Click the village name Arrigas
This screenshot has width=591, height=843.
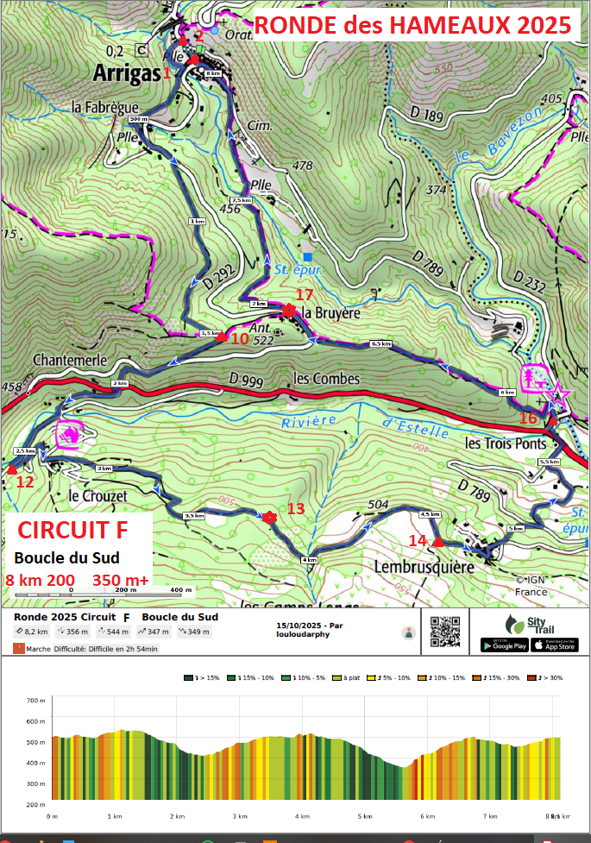click(128, 73)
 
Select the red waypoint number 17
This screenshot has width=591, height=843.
click(304, 294)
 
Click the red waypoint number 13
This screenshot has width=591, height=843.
click(296, 508)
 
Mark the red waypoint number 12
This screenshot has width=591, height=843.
click(25, 481)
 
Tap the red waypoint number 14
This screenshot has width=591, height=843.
click(418, 540)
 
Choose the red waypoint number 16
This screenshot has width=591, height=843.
click(528, 418)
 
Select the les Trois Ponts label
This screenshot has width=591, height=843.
click(506, 444)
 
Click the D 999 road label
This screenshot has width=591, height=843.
click(247, 379)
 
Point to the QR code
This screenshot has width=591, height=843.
click(444, 632)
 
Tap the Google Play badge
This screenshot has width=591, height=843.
click(505, 645)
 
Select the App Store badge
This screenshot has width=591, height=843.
click(555, 645)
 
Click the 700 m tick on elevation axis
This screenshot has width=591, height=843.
click(35, 700)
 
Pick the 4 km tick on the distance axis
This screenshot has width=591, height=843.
click(302, 815)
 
